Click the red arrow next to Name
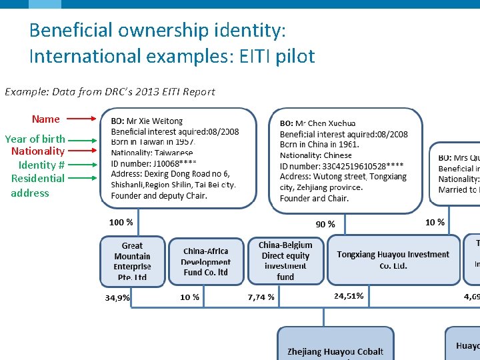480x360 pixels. click(x=82, y=120)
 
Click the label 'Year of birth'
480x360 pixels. click(x=35, y=139)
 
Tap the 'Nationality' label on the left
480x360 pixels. click(x=38, y=151)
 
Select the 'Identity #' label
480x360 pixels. click(x=41, y=165)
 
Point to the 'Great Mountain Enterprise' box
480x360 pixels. click(x=132, y=261)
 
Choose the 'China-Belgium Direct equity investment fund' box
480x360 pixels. click(x=285, y=261)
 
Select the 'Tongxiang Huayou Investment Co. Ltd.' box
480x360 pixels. click(x=393, y=260)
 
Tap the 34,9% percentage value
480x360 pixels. click(x=117, y=297)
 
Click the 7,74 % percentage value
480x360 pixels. click(x=261, y=297)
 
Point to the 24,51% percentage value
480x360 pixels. click(x=349, y=295)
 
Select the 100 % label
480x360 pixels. click(x=121, y=222)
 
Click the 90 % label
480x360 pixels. click(x=325, y=224)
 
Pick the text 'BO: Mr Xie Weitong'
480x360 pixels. click(x=147, y=121)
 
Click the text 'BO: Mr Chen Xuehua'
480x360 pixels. click(x=317, y=123)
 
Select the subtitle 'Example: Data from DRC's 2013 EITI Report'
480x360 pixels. click(x=110, y=91)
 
